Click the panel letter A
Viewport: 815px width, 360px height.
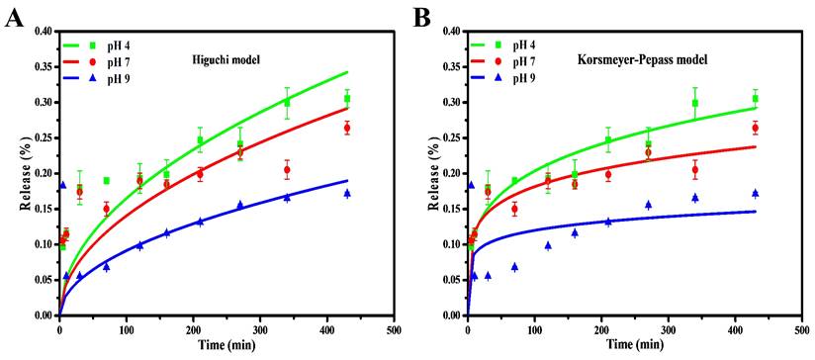[x=14, y=18]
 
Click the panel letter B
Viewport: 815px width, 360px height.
[x=421, y=18]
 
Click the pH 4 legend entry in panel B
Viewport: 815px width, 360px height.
[x=525, y=45]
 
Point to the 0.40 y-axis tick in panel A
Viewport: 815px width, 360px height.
[x=44, y=31]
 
